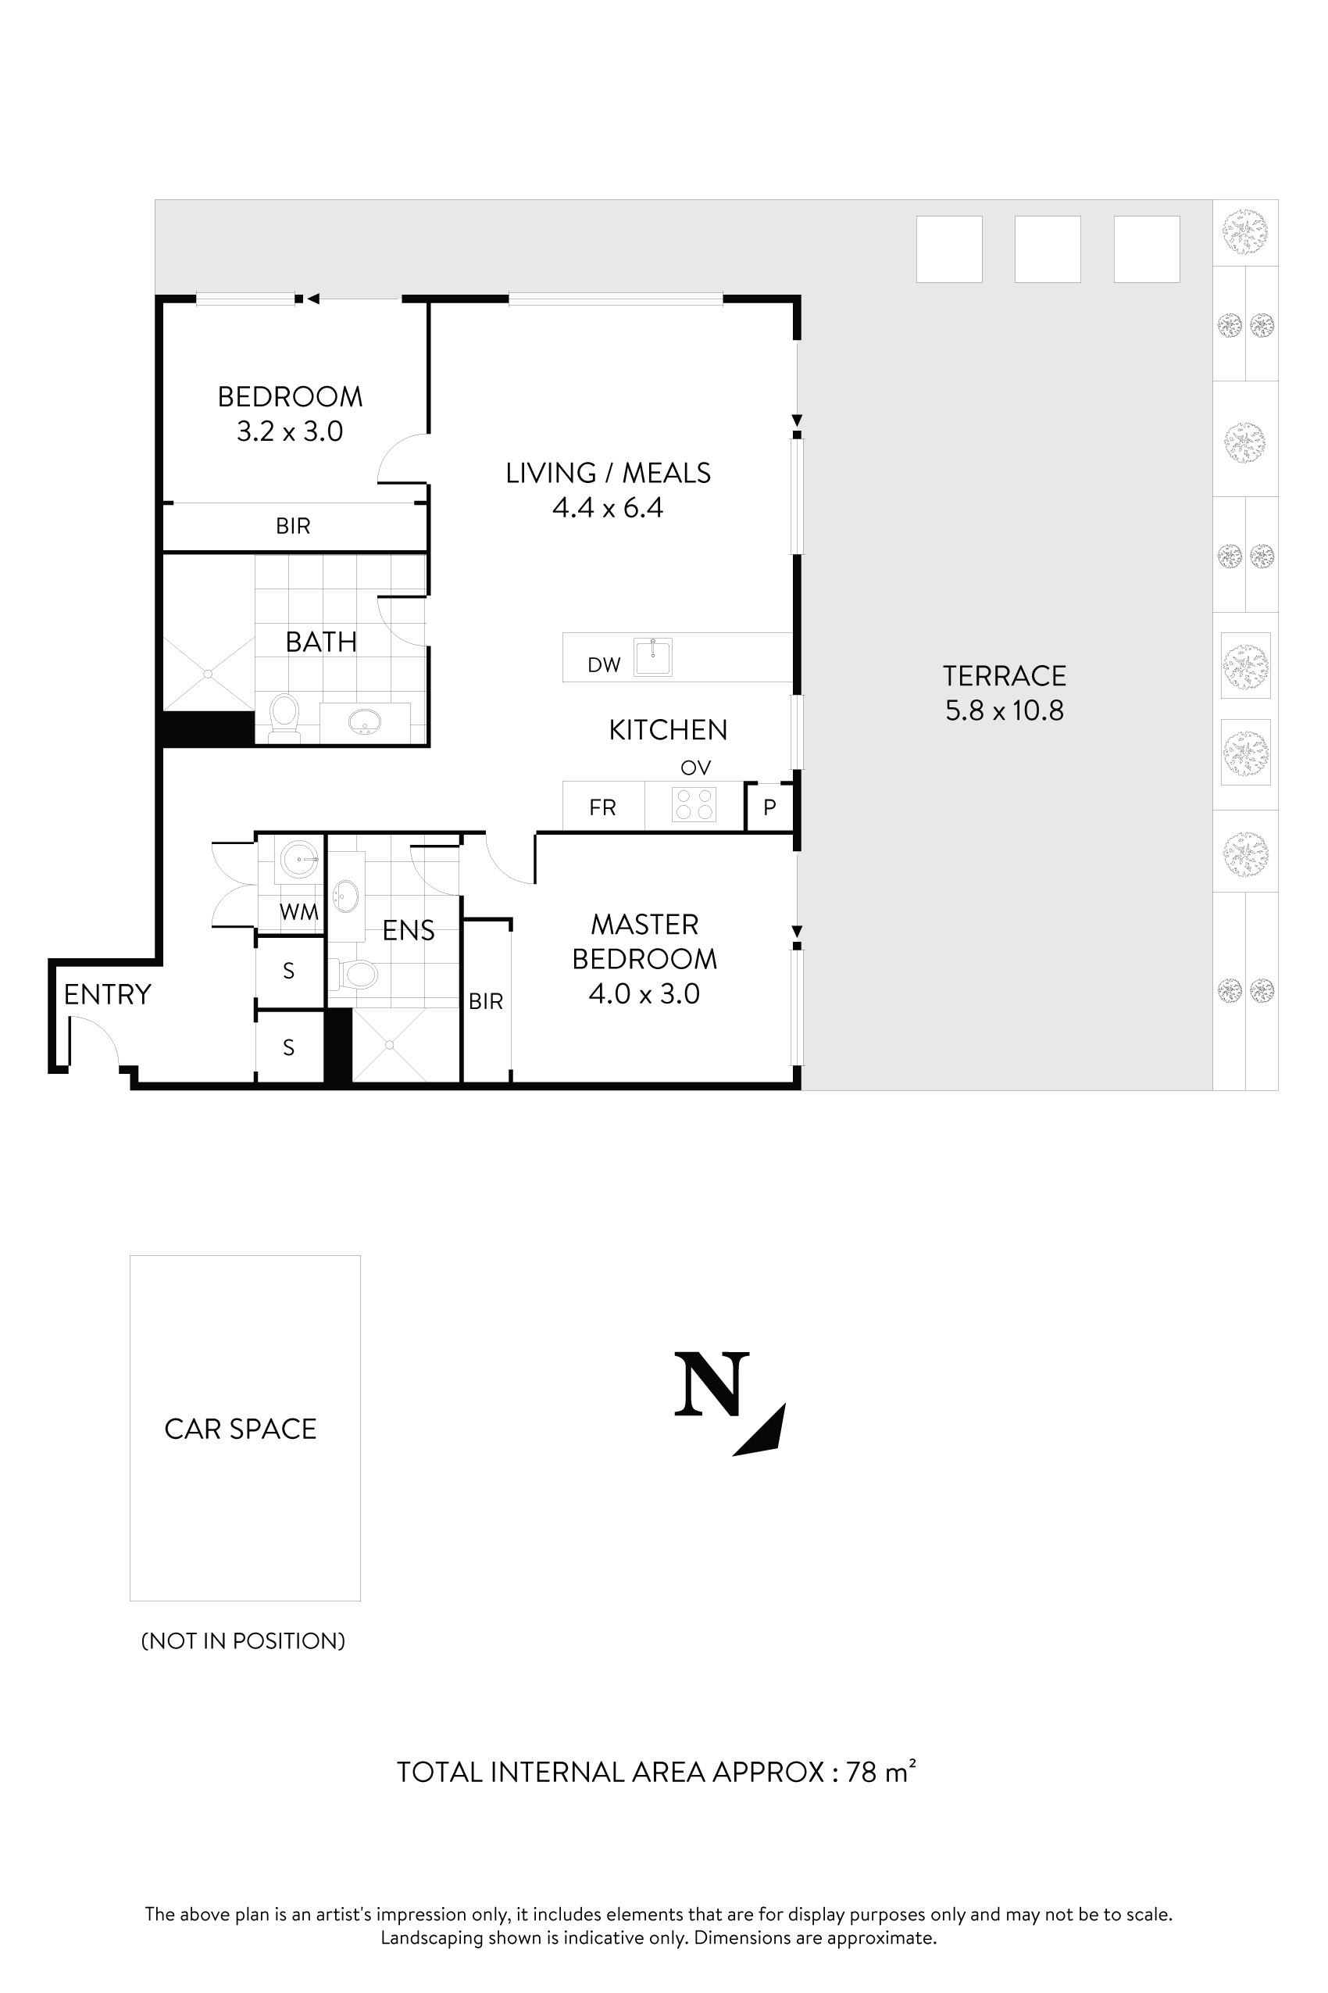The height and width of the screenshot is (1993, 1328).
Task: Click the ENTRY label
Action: tap(107, 994)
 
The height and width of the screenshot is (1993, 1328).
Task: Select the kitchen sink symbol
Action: tap(653, 657)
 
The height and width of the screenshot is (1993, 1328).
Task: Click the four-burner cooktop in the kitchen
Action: tap(694, 804)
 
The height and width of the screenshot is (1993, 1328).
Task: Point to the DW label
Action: tap(604, 665)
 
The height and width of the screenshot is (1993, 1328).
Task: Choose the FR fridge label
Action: tap(602, 807)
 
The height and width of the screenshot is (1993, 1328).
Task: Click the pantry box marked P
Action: tap(769, 807)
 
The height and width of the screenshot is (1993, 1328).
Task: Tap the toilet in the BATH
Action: tap(284, 717)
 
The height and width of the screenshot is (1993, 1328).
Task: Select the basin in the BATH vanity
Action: tap(364, 722)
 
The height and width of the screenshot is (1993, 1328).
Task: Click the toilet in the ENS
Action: tap(355, 975)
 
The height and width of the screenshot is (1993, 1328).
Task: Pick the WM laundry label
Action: tap(298, 912)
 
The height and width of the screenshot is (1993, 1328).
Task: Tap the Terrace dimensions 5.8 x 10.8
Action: tap(1005, 710)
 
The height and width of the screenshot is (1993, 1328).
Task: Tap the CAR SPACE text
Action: tap(240, 1429)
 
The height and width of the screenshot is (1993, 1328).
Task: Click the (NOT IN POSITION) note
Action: tap(243, 1641)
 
